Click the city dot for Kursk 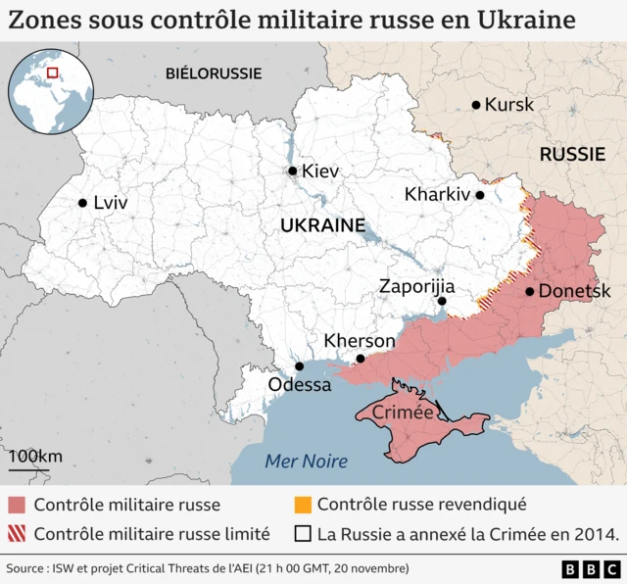(x=476, y=105)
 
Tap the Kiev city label (x=319, y=171)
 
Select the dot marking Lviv (x=82, y=204)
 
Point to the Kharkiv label (x=437, y=195)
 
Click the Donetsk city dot (x=529, y=291)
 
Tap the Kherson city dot (x=361, y=359)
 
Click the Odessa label (x=299, y=385)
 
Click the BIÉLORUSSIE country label (x=214, y=73)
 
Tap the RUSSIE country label (x=571, y=154)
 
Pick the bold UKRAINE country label (x=322, y=225)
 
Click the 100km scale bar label (x=35, y=457)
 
